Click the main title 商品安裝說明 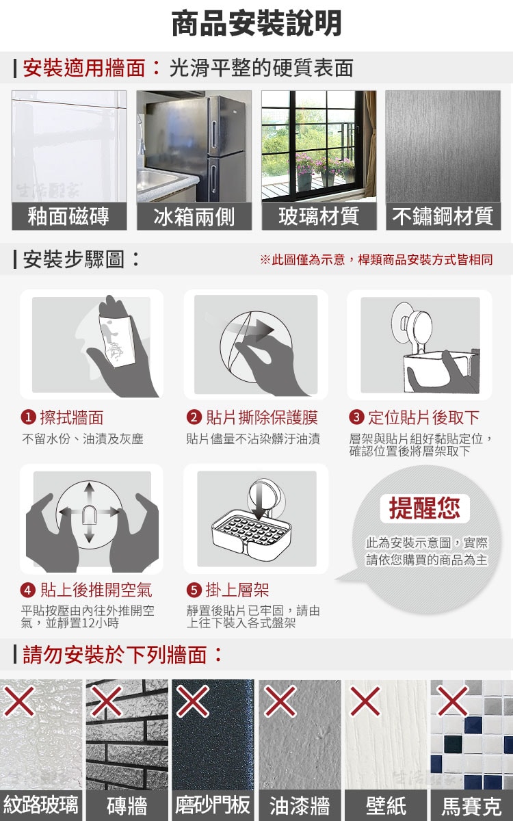(x=256, y=24)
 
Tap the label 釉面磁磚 (x=68, y=216)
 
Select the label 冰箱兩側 (x=194, y=216)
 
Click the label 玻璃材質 (x=319, y=216)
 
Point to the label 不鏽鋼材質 (x=443, y=216)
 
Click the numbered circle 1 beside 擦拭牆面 (x=29, y=417)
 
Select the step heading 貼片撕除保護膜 (x=261, y=417)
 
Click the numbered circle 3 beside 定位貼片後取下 (x=356, y=417)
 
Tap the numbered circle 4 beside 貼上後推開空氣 (x=28, y=590)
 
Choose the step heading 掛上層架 (x=237, y=590)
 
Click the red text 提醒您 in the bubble (x=424, y=508)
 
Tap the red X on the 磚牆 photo (x=107, y=701)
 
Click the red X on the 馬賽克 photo (x=453, y=701)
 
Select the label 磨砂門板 (x=213, y=805)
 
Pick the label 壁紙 (x=386, y=806)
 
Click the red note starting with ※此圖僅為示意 (x=376, y=259)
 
